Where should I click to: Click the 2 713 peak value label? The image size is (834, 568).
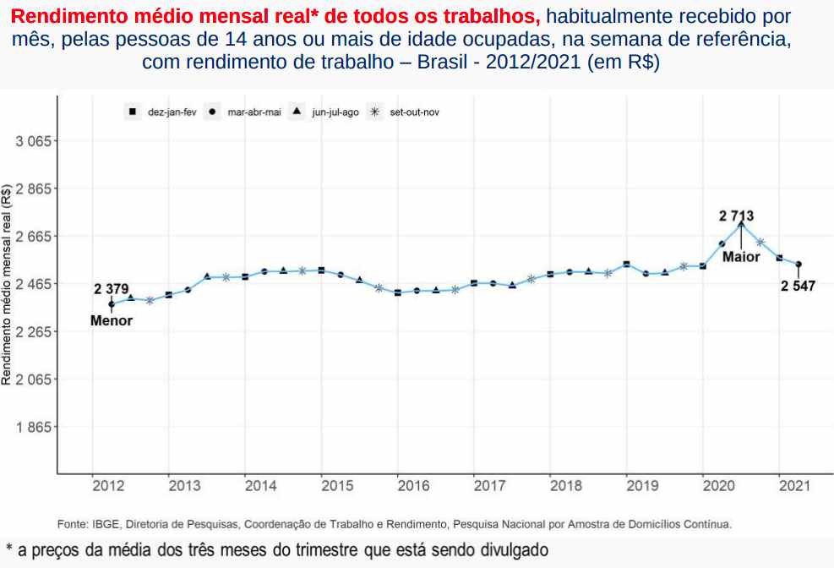click(736, 216)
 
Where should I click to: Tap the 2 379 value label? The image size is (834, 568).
click(111, 289)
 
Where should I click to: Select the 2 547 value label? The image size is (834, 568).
click(798, 287)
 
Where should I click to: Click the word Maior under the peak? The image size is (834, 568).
click(741, 257)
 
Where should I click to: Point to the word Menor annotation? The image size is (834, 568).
click(112, 321)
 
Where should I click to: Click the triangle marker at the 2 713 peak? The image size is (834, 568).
click(741, 224)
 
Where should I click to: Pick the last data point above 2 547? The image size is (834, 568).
click(799, 265)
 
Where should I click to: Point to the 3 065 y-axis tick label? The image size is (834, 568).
click(35, 141)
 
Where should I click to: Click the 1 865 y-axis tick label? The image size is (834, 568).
click(35, 427)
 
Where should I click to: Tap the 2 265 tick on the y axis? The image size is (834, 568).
click(35, 331)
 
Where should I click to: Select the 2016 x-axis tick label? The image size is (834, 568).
click(413, 486)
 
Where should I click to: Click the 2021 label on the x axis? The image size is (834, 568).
click(795, 486)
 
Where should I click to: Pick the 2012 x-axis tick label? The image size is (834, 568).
click(108, 486)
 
